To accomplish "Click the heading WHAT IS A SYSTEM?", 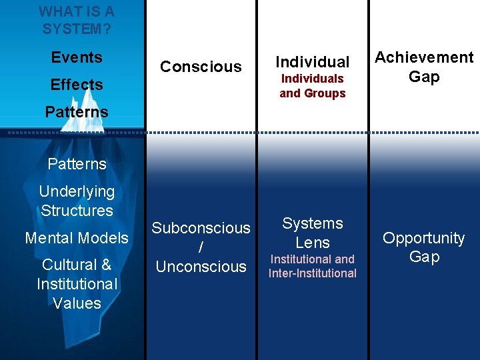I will (76, 20).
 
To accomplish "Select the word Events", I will (77, 57).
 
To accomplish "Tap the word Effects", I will (77, 85).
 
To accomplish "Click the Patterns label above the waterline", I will (77, 112).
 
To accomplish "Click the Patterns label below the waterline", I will (77, 164).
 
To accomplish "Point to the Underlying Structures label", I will (77, 201).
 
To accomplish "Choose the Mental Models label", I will (77, 238).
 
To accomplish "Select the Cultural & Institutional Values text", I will (77, 284).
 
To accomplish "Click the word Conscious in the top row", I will (201, 67).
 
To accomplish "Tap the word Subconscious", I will (201, 228).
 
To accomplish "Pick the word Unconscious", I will (201, 267).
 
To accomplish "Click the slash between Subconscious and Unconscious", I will (201, 247).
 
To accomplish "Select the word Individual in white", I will (313, 62).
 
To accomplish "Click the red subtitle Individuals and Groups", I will (313, 86).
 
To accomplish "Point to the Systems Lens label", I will (313, 233).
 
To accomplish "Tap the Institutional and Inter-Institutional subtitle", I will (313, 266).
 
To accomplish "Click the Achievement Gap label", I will (424, 67).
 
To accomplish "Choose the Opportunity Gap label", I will (424, 247).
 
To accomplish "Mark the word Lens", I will (313, 243).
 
